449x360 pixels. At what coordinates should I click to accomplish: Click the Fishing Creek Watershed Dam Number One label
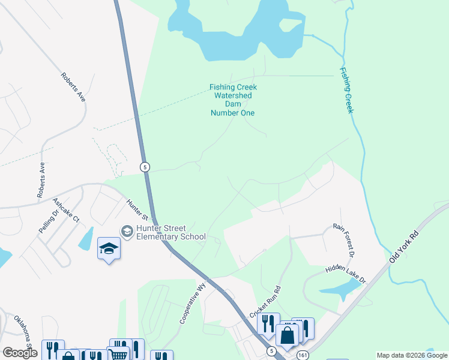(232, 100)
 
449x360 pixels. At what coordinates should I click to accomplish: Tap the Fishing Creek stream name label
(346, 91)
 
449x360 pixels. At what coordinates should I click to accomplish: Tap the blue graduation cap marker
(109, 249)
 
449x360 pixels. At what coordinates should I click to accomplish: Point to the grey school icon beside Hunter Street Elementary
(127, 231)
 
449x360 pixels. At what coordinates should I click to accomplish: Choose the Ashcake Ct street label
(67, 211)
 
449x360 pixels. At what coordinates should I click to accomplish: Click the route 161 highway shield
(303, 356)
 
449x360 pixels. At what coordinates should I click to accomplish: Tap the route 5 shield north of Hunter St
(145, 166)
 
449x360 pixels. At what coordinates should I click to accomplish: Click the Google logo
(20, 352)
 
